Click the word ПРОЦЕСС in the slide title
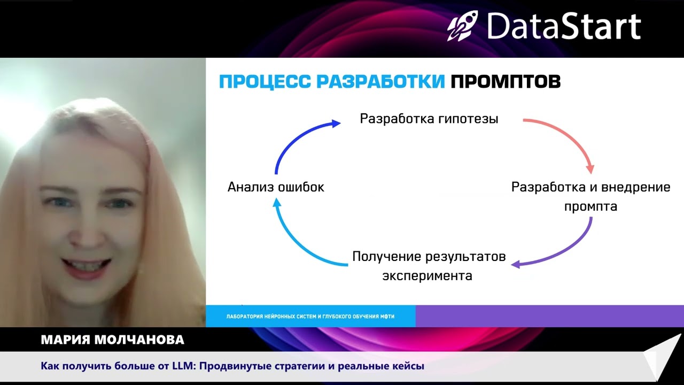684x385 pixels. [265, 82]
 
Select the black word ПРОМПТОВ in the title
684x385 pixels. [506, 82]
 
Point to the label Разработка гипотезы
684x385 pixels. [429, 119]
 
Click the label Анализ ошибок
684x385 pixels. [276, 187]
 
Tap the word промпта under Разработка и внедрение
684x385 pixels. [590, 206]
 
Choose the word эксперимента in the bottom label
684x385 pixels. [428, 276]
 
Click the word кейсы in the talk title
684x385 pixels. [409, 366]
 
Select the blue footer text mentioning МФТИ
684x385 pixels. [310, 317]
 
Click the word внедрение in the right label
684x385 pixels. [636, 188]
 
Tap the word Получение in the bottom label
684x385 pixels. [386, 257]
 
